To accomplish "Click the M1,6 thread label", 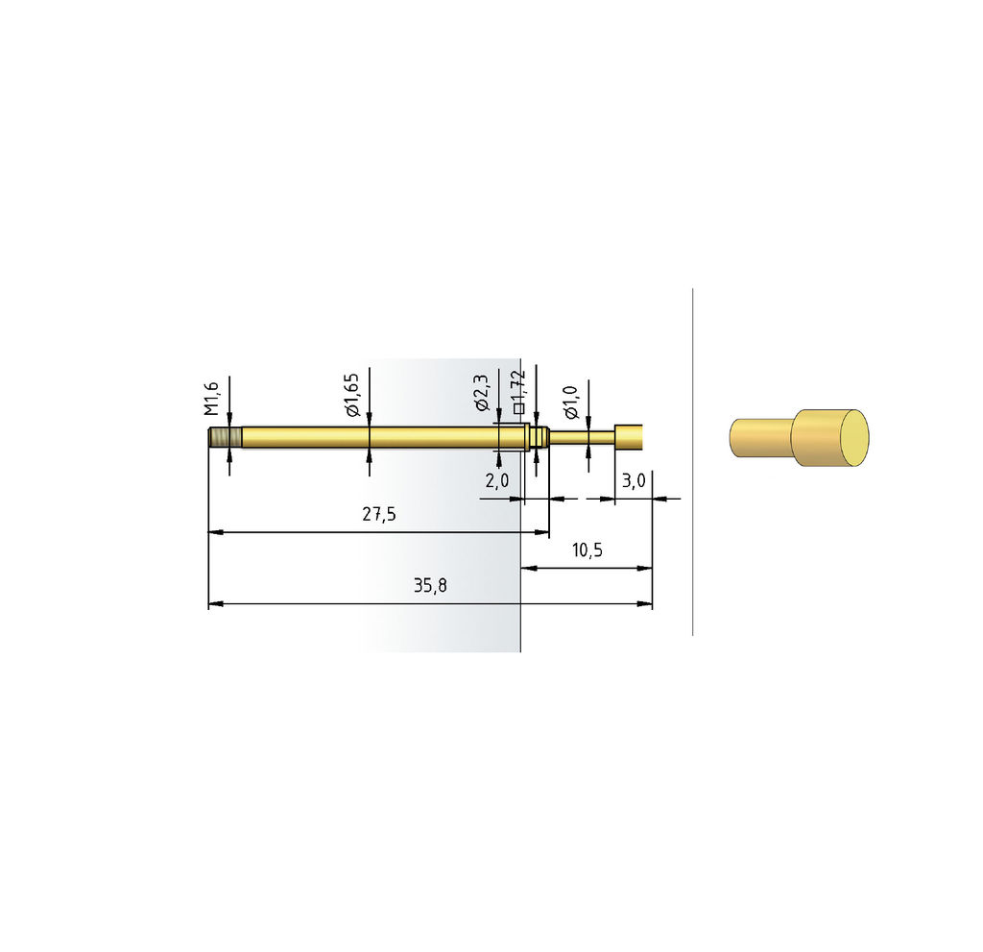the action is (x=212, y=399).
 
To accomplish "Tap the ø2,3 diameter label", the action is (x=482, y=393).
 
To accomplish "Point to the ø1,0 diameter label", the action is (x=570, y=403).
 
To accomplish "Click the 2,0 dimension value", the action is (x=497, y=480).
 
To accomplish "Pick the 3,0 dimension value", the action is (x=634, y=480).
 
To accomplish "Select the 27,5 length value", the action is (x=379, y=514).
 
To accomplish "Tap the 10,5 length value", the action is (x=587, y=549).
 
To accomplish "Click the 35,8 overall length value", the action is (x=430, y=585).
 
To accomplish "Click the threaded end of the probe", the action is (x=225, y=437).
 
